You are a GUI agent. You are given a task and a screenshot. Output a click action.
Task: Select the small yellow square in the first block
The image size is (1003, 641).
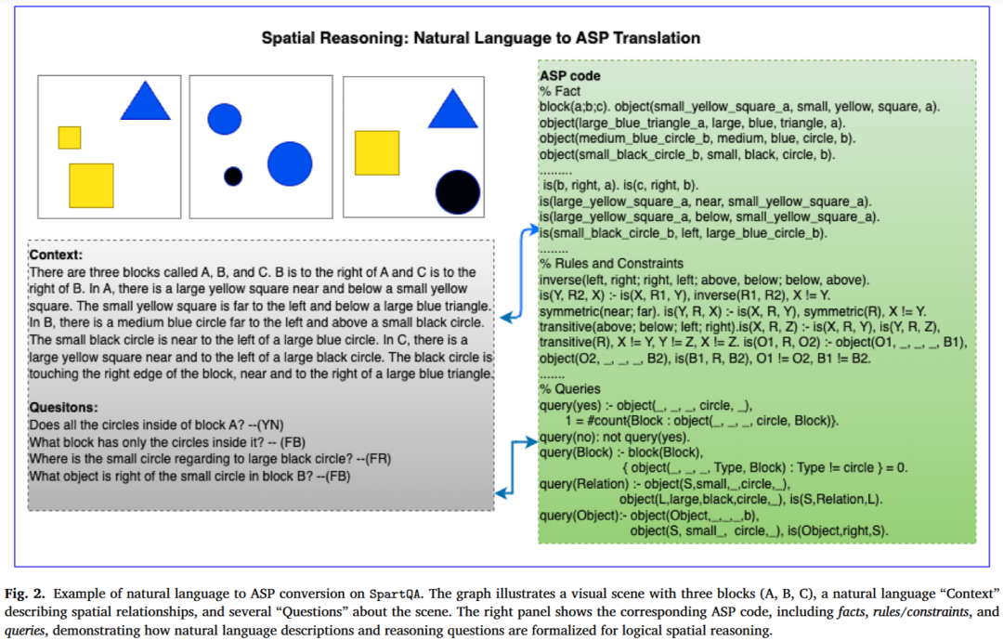point(70,137)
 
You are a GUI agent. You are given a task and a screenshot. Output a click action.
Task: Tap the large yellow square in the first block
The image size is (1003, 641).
point(91,186)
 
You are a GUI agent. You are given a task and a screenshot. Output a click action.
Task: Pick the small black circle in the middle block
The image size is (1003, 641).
point(233,176)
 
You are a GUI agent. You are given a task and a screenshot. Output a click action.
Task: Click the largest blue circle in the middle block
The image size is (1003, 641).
point(290,164)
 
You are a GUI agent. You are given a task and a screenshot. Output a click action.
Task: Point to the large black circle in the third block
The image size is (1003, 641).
point(458,192)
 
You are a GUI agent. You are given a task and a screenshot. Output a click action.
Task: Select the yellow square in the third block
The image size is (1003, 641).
point(377,153)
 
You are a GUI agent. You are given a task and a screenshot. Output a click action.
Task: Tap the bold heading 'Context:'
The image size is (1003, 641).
point(57,255)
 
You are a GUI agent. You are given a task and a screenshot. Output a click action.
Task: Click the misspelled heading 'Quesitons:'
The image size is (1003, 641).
point(63,408)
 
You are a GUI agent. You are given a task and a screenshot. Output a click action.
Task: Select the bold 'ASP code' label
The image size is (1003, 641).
point(570,75)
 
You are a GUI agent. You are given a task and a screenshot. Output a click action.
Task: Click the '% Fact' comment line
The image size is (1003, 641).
point(560,91)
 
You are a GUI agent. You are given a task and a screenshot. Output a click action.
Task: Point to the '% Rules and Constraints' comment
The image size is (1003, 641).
point(611,264)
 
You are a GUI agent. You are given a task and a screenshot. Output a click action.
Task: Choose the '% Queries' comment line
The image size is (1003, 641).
point(570,389)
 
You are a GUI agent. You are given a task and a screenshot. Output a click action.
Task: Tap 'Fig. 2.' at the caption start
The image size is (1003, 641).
point(25,594)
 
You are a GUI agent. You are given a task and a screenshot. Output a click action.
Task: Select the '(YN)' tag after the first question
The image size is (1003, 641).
point(270,425)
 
